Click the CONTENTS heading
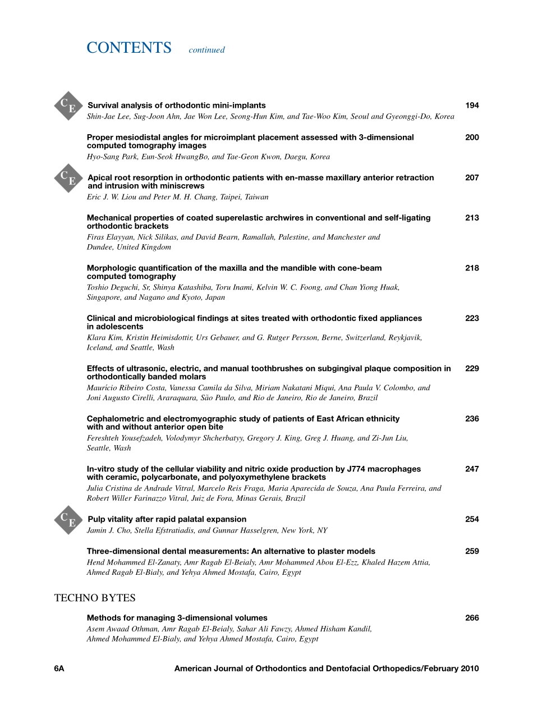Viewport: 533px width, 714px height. click(129, 48)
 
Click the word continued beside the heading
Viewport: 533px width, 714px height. click(206, 50)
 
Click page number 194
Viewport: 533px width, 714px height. click(472, 106)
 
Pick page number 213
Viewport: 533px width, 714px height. click(472, 218)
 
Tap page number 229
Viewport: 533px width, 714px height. click(472, 369)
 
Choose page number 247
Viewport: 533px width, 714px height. click(472, 469)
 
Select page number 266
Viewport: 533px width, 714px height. click(472, 618)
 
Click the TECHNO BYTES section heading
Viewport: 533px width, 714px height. click(95, 598)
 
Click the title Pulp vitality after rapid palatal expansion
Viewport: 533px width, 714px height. click(167, 519)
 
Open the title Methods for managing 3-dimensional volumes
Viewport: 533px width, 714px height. click(177, 618)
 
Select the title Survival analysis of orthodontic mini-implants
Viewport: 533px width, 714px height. click(177, 106)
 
